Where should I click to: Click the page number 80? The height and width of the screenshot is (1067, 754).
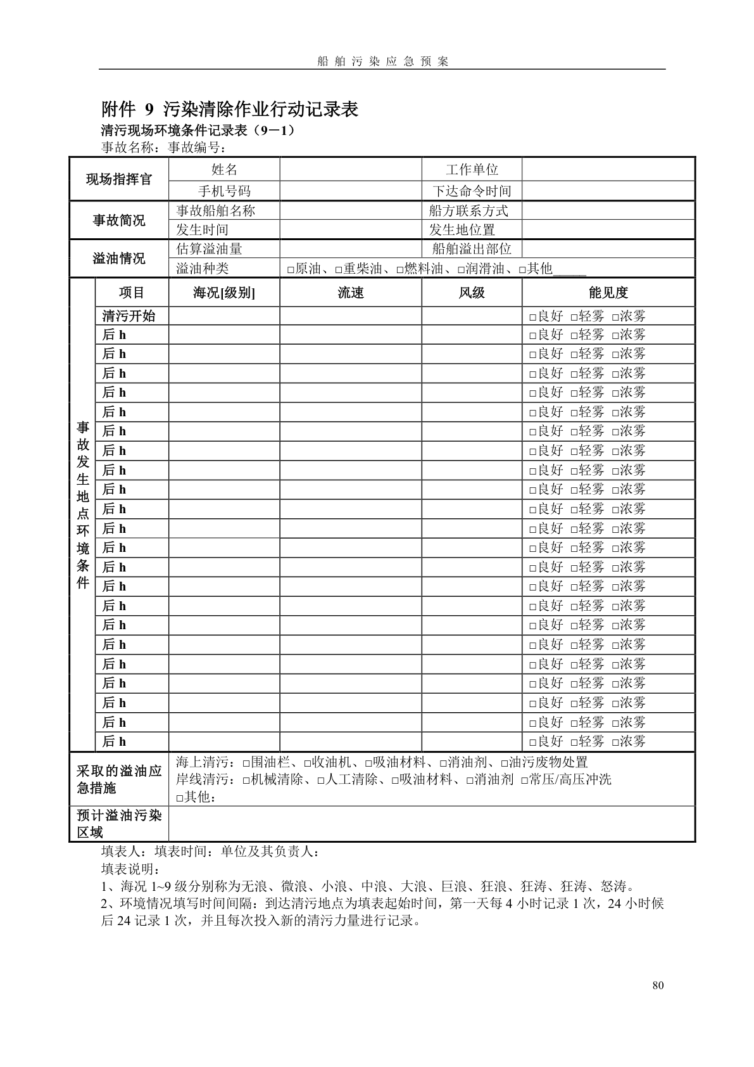[x=658, y=985]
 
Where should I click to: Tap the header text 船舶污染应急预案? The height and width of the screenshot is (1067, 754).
[x=382, y=61]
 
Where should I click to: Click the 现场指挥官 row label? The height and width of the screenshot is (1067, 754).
[x=119, y=179]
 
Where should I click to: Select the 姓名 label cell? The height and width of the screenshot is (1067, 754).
[x=224, y=170]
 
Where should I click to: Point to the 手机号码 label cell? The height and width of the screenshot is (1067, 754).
[x=224, y=191]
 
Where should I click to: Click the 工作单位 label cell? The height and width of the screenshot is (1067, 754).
[x=472, y=170]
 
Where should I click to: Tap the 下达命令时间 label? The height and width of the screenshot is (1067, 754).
[x=472, y=191]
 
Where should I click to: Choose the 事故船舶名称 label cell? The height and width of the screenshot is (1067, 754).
[x=215, y=211]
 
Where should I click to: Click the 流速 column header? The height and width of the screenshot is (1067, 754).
[x=351, y=293]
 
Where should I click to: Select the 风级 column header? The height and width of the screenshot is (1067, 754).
[x=472, y=293]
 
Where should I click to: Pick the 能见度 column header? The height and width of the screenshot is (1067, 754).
[x=608, y=293]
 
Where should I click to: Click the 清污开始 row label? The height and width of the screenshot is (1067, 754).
[x=129, y=316]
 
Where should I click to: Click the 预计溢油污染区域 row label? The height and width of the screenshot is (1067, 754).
[x=119, y=824]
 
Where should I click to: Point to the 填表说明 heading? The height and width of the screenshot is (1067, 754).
[x=131, y=869]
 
